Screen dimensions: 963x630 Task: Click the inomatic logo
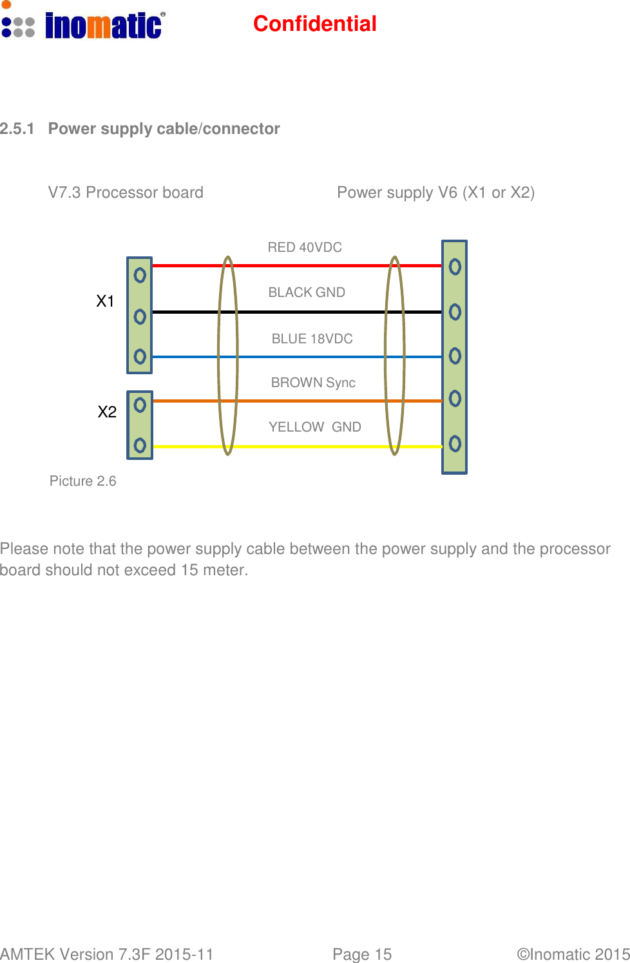point(84,24)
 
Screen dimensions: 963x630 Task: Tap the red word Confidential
point(314,24)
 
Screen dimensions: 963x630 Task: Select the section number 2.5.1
point(17,129)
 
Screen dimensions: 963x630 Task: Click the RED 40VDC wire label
point(305,247)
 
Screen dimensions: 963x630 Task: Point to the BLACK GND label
point(307,292)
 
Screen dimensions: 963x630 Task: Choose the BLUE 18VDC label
point(312,339)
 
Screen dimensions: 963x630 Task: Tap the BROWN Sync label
point(313,383)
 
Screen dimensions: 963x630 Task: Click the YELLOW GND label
point(314,427)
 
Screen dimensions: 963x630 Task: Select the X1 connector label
point(105,301)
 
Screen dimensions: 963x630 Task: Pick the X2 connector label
point(107,412)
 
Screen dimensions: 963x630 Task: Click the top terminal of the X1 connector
point(140,276)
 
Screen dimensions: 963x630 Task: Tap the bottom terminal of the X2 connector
point(140,445)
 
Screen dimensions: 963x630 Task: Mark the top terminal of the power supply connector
point(455,267)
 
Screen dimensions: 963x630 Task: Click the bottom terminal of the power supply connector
point(455,444)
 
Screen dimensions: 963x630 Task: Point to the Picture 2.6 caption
point(82,481)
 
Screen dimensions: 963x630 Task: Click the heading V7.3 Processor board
point(126,193)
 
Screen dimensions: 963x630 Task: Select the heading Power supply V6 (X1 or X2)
point(435,193)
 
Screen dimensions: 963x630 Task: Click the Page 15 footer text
point(362,954)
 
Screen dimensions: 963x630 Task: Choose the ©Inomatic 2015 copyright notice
point(573,954)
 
